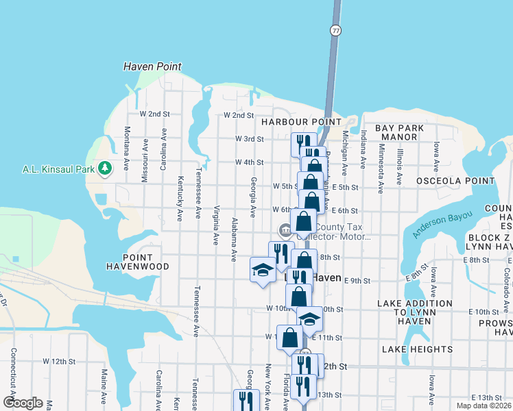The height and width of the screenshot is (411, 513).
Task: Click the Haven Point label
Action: click(152, 66)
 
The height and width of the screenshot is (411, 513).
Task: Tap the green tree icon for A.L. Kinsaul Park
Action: click(104, 168)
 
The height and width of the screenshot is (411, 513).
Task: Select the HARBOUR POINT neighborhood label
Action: click(301, 121)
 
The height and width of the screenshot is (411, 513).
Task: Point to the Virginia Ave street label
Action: click(216, 225)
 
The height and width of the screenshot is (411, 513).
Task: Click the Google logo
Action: click(23, 403)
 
